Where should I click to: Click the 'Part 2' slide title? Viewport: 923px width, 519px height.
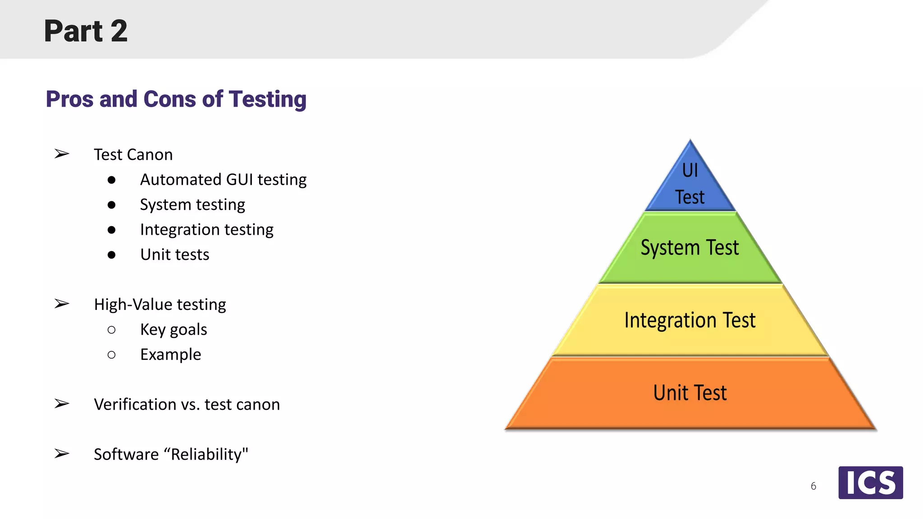pos(86,31)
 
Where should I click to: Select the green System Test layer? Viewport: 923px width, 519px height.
pos(690,248)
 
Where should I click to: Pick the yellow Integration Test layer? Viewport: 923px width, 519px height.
pos(690,320)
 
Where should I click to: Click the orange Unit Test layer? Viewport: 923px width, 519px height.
pos(690,393)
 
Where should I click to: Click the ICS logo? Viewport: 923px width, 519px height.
pos(870,483)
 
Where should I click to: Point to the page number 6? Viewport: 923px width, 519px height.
pos(813,486)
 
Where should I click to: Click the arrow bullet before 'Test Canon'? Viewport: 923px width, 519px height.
pos(62,154)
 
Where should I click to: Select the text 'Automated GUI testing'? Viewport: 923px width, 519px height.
pos(223,180)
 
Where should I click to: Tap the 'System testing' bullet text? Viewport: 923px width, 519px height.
pos(192,205)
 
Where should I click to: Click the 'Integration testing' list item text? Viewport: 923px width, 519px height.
pos(206,230)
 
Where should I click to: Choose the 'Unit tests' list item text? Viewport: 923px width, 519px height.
pos(174,255)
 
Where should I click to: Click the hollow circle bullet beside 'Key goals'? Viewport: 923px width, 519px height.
pos(111,330)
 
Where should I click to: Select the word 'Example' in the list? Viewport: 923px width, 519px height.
pos(170,355)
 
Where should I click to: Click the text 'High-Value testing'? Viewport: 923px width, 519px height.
pos(160,305)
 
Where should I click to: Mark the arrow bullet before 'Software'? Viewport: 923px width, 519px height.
pos(62,453)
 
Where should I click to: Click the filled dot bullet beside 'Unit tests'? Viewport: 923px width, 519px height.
pos(111,255)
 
